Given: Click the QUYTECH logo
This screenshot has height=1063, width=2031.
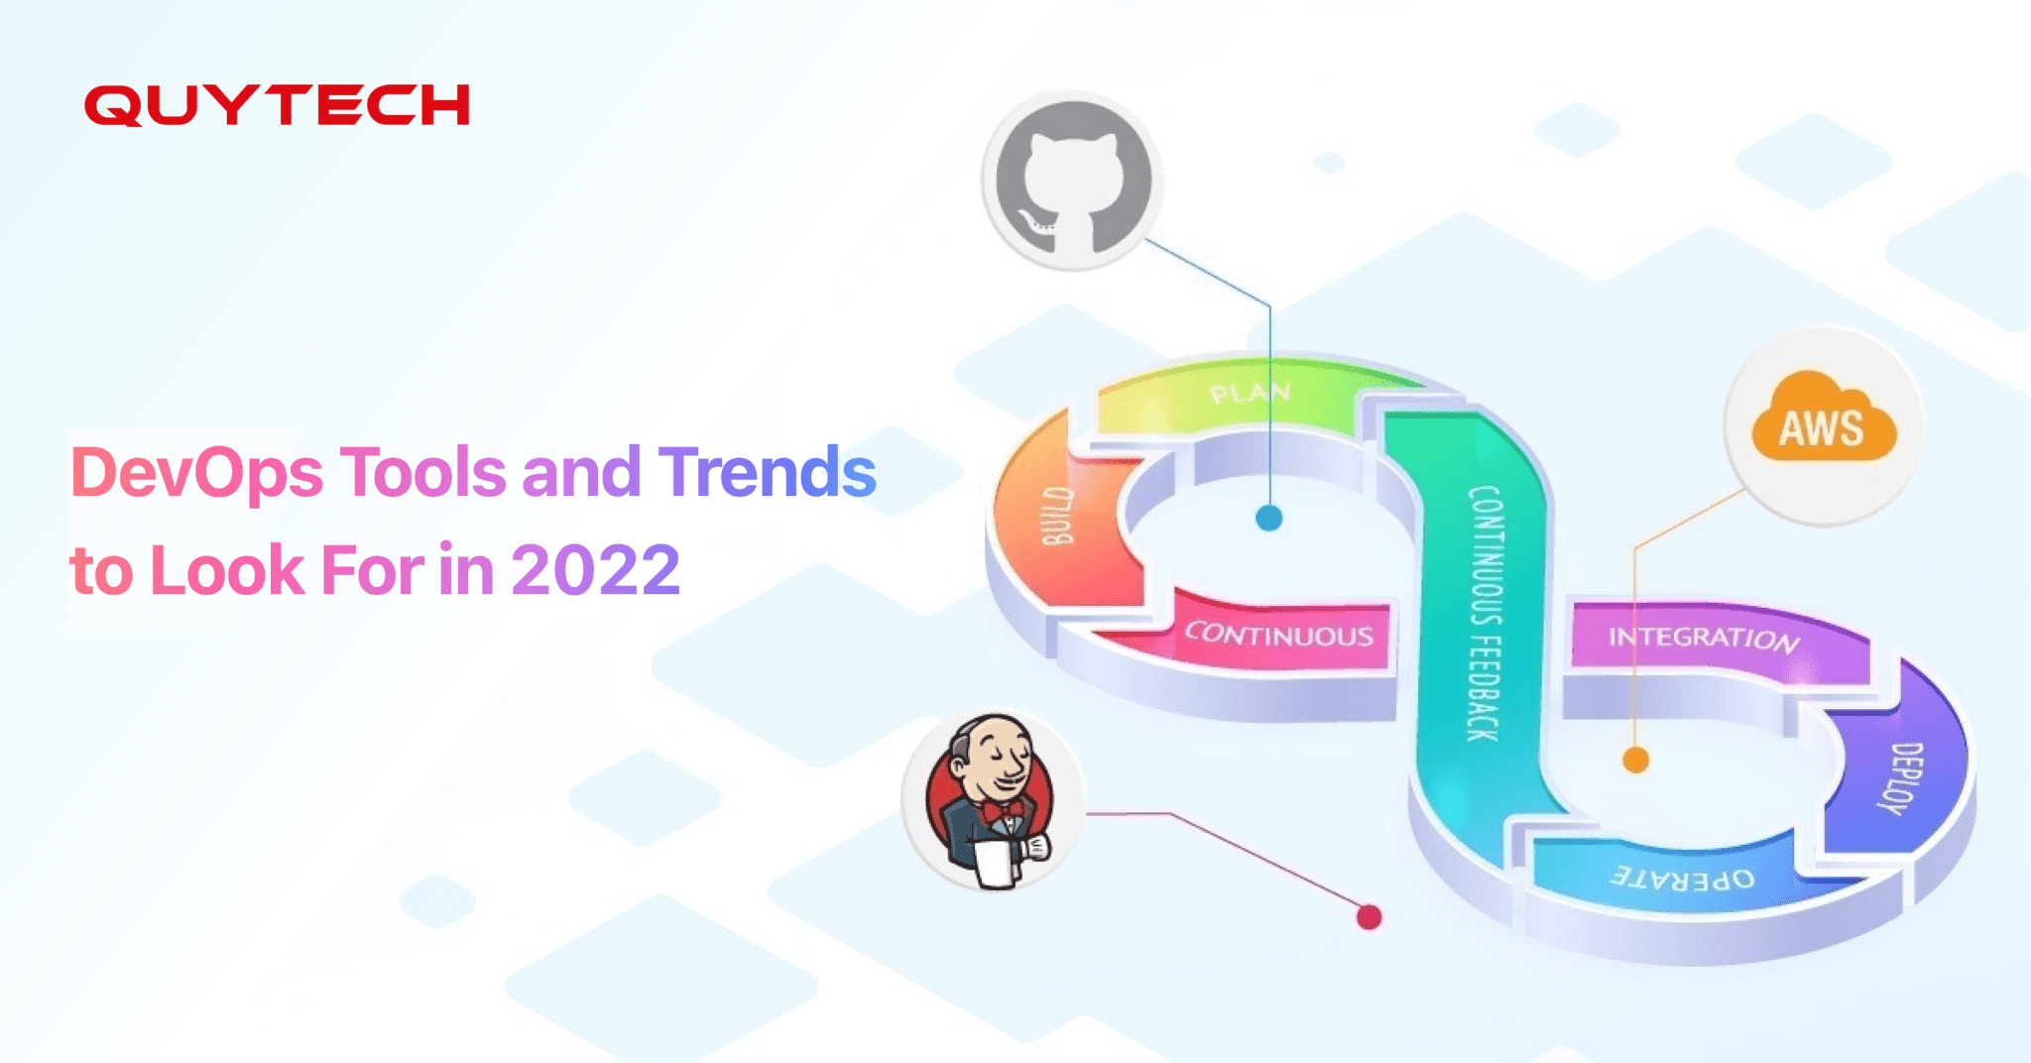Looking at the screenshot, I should (277, 105).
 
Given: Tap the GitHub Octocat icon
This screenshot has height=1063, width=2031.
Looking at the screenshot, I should (1072, 180).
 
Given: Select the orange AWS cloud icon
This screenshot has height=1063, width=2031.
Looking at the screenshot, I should (1823, 420).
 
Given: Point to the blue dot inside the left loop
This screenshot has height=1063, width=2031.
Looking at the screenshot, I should (1269, 518).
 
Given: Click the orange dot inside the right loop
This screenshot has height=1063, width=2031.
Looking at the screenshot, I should (1635, 761).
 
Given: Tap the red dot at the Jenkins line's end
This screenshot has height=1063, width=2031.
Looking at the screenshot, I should (1369, 917).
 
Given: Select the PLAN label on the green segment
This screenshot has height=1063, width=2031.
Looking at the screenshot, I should (1251, 394).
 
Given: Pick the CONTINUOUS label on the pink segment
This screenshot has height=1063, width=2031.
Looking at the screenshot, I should (1279, 635).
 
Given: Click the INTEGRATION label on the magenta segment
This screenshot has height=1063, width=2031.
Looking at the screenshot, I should (1703, 638).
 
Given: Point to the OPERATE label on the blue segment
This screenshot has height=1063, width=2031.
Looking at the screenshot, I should (1682, 878).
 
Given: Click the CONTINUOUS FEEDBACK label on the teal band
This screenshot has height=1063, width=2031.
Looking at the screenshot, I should (1485, 613).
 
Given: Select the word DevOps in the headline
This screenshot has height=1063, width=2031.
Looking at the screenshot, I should (197, 473).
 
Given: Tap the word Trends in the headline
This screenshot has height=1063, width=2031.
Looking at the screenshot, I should (767, 472).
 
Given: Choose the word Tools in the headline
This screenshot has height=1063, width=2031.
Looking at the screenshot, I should (423, 472).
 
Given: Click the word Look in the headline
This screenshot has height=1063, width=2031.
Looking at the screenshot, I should (227, 571).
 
